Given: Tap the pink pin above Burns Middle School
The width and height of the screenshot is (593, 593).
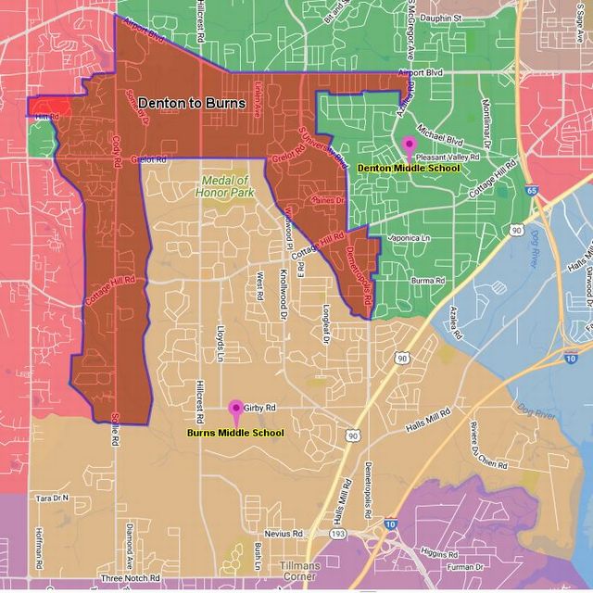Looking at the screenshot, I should [x=235, y=409].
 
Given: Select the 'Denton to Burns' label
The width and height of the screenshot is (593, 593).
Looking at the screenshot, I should [x=192, y=104].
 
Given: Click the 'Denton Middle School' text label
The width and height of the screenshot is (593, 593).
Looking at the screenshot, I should [x=409, y=168].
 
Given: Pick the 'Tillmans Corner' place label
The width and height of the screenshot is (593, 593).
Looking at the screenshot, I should [x=299, y=572].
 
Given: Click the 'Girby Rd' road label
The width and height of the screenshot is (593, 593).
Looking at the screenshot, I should [x=260, y=408].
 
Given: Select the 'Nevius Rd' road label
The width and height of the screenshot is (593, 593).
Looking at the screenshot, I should [x=283, y=534].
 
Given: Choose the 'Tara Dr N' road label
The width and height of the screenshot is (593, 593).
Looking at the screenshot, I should [x=52, y=498].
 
